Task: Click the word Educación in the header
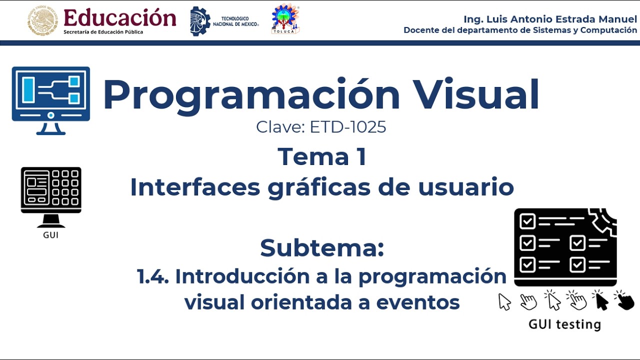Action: click(x=120, y=18)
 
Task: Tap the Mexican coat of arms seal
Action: click(x=42, y=21)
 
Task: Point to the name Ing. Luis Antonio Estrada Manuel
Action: click(x=550, y=19)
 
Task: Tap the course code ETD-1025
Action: click(x=348, y=127)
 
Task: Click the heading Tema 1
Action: click(x=322, y=156)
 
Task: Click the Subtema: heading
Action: click(x=322, y=248)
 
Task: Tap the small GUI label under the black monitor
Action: click(x=50, y=235)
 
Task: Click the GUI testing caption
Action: click(x=564, y=324)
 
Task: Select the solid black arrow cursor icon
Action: click(x=600, y=301)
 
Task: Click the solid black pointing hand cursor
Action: click(x=624, y=300)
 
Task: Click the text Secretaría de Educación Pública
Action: click(x=103, y=32)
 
